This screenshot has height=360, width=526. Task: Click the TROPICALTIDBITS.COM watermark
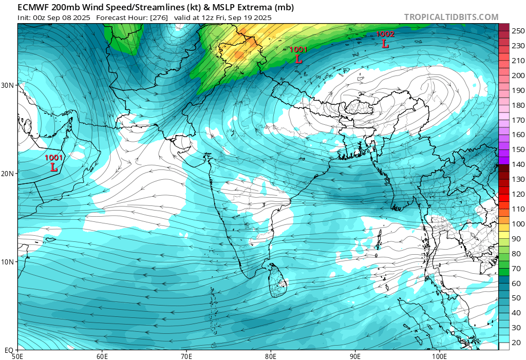pos(451,17)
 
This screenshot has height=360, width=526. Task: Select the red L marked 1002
pos(385,44)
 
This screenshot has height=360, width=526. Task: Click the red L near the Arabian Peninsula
pos(54,167)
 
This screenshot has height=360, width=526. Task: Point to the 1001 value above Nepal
pos(298,49)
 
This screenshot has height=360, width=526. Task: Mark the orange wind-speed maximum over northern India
pos(239,54)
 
